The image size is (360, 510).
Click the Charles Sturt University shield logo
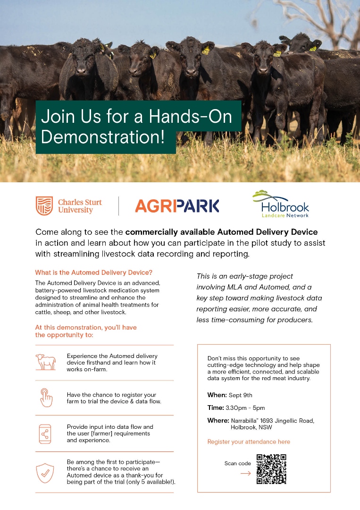[44, 206]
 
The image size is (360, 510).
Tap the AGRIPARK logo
[177, 206]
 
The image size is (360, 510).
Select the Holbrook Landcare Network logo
[280, 204]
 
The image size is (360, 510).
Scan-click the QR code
[271, 469]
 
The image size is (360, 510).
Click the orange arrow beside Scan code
[246, 473]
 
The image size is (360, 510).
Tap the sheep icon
[45, 362]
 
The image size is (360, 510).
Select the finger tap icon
[46, 398]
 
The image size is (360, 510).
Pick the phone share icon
[45, 434]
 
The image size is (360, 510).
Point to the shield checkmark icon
[45, 473]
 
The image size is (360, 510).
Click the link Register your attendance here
[249, 442]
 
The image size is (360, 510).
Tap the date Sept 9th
[241, 395]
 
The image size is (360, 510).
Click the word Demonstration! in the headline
[103, 136]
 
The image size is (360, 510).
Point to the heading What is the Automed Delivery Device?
[93, 272]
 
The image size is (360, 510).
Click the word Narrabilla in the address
[244, 421]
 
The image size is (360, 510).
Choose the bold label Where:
[218, 421]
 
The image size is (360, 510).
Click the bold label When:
[217, 395]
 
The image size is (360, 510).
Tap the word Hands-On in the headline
[191, 116]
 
